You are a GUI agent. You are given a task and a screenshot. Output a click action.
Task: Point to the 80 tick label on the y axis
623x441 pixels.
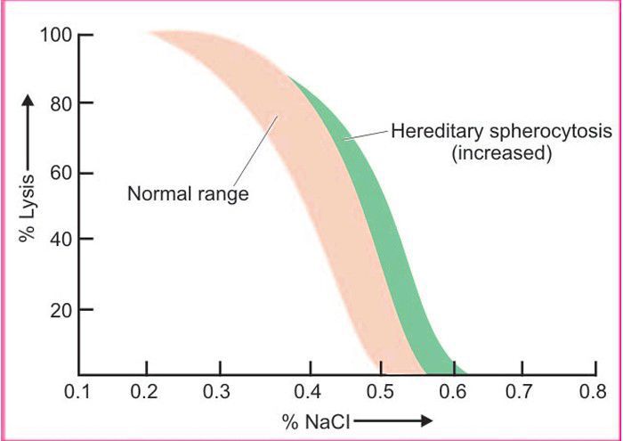pos(59,104)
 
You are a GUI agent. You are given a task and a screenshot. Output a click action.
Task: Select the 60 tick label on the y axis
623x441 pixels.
pos(59,172)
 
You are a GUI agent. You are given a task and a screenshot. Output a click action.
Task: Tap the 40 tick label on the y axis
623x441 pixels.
pos(59,240)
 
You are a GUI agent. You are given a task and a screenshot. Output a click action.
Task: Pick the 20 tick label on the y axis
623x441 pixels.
pos(59,310)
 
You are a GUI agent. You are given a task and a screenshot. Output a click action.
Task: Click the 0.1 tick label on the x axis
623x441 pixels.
pos(78,392)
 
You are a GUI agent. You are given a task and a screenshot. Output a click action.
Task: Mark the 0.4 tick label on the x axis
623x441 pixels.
pos(310,392)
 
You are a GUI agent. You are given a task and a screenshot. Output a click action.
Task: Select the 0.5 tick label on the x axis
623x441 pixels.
pos(381,392)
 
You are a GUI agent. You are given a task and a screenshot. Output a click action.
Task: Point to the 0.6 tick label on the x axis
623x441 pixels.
pos(453,392)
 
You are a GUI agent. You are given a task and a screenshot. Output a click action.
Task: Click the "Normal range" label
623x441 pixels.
pos(188,192)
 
